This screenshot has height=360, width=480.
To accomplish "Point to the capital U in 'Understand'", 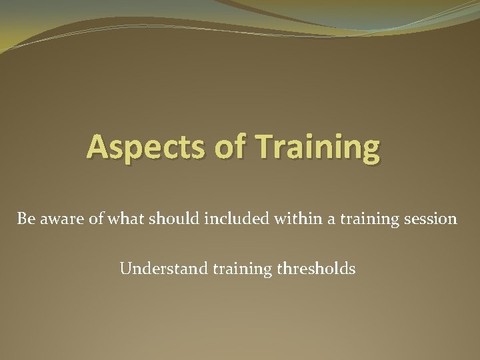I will [125, 269].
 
